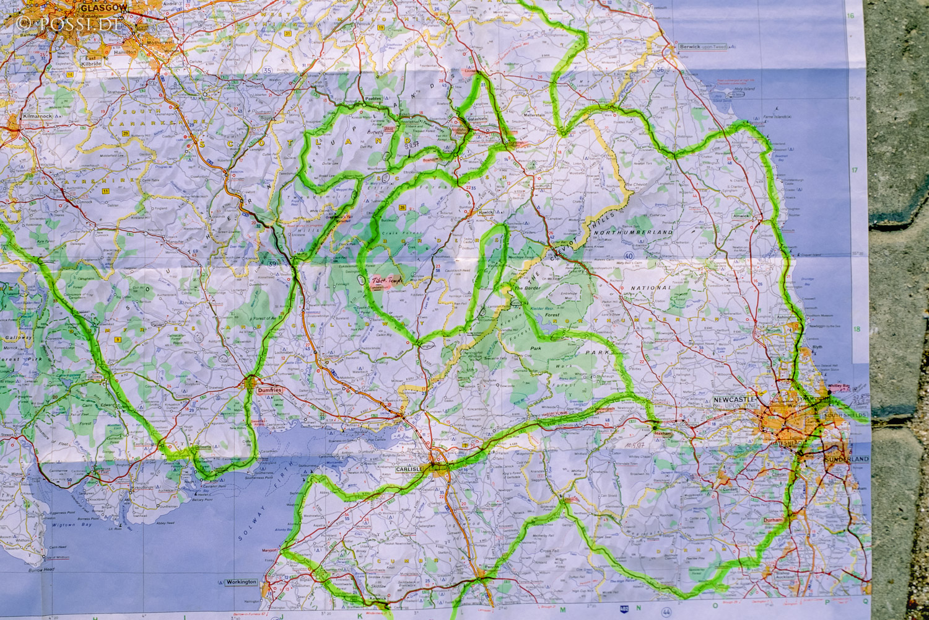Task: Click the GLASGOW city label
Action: click(x=104, y=7)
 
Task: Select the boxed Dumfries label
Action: click(x=269, y=391)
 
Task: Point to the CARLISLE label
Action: click(x=409, y=469)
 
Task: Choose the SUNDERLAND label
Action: click(x=846, y=459)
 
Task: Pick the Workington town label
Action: click(x=241, y=582)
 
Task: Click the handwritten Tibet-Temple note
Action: click(x=386, y=281)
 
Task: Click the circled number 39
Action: click(x=273, y=263)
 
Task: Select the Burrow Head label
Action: click(x=41, y=569)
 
